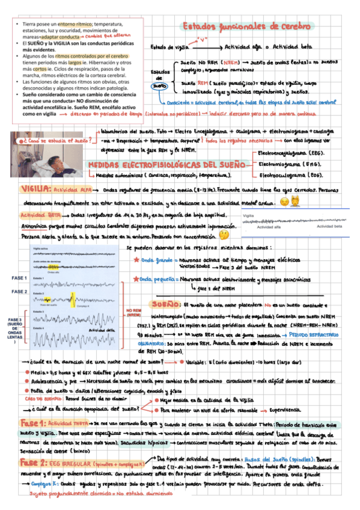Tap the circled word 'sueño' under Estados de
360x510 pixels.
159,85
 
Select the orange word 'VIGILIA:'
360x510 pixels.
35,188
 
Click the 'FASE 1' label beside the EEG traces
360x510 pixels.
19,278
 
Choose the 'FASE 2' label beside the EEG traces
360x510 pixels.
19,292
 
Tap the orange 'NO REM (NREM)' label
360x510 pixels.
134,312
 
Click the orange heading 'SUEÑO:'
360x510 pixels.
166,304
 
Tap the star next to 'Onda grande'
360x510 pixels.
136,260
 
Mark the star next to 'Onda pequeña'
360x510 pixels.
136,279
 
